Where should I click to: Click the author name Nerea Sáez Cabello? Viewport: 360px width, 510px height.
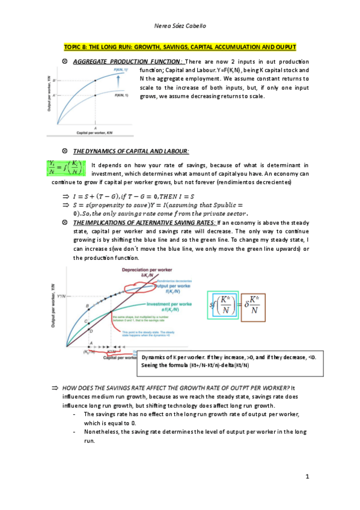[x=180, y=26]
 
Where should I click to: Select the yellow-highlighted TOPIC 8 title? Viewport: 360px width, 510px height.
[x=180, y=47]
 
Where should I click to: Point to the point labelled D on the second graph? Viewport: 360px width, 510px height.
[x=91, y=331]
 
